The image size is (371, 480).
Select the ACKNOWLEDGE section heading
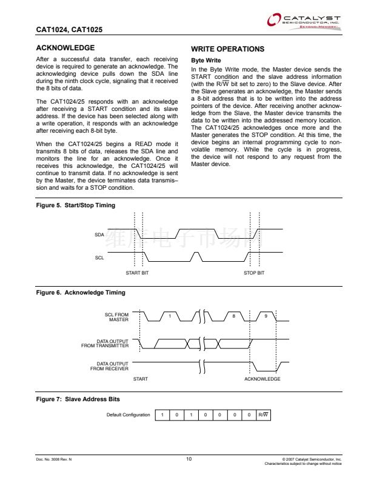65,48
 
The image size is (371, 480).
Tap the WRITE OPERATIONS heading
227,48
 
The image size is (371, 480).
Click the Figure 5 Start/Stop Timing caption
76,205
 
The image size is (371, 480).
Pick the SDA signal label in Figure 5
99,234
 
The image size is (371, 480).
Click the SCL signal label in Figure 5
99,258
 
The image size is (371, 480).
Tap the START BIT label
137,273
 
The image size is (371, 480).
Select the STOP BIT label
254,273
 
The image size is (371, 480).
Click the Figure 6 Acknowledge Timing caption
81,293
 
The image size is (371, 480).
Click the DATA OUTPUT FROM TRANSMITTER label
105,344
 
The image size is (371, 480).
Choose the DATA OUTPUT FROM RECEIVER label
109,366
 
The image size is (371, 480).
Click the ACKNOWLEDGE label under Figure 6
262,379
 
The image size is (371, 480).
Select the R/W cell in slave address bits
262,415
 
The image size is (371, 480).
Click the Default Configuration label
128,415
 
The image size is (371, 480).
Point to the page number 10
189,459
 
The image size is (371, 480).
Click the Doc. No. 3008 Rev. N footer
54,460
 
